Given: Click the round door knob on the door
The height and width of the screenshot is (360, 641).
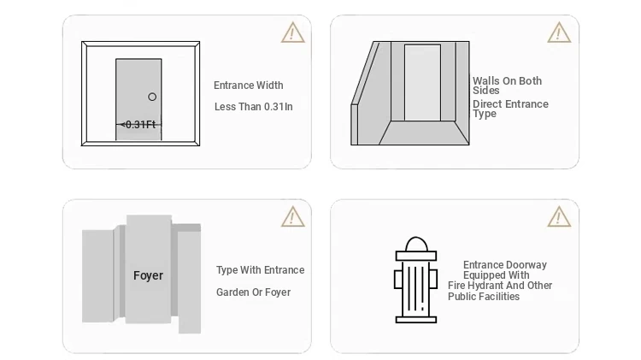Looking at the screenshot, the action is (152, 97).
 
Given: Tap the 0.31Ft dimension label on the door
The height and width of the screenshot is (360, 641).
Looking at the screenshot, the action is (140, 125).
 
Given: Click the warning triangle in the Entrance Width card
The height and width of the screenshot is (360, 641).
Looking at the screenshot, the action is (292, 32).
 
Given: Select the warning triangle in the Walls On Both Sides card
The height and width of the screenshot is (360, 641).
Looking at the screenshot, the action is (559, 32).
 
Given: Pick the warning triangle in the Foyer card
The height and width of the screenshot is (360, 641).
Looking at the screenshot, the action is (292, 217).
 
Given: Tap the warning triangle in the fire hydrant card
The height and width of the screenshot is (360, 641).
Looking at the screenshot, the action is (559, 217).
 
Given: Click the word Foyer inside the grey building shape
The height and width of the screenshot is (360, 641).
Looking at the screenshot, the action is (148, 275).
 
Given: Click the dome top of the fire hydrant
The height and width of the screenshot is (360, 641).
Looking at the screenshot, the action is (416, 244).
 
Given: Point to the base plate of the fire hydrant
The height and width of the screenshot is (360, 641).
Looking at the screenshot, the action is (416, 320).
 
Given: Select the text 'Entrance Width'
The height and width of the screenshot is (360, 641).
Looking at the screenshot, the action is (248, 86).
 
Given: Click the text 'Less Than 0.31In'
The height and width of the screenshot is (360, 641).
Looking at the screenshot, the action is (254, 107).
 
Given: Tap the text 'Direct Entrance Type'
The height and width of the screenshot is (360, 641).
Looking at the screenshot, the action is (510, 109).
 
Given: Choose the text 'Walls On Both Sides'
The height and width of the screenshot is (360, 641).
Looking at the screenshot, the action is (508, 86).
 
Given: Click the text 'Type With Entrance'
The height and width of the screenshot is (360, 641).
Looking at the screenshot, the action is (261, 270).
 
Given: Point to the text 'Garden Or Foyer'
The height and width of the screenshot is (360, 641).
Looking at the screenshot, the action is (254, 292).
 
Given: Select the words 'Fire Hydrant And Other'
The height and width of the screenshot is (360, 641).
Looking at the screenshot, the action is (500, 286).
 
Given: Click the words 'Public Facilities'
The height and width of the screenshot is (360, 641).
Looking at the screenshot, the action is (484, 297).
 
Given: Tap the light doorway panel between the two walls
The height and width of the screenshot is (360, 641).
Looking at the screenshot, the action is (423, 83).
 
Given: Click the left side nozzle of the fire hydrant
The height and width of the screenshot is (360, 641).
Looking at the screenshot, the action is (398, 279).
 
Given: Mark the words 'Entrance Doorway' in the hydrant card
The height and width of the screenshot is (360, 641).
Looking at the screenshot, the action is (505, 265).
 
